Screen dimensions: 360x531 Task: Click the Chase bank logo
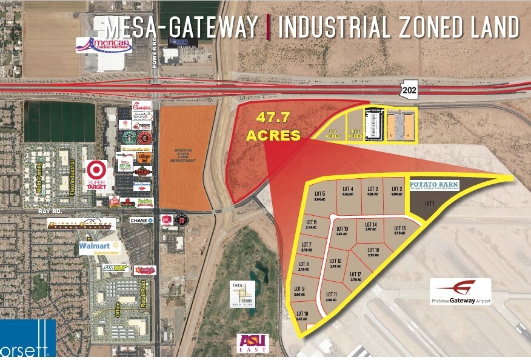click(x=141, y=220)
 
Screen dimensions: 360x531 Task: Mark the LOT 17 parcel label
click(x=355, y=277)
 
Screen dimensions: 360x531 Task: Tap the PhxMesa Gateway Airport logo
click(x=461, y=292)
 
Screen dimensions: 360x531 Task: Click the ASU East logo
click(x=245, y=342)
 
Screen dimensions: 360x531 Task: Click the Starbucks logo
click(x=129, y=137)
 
